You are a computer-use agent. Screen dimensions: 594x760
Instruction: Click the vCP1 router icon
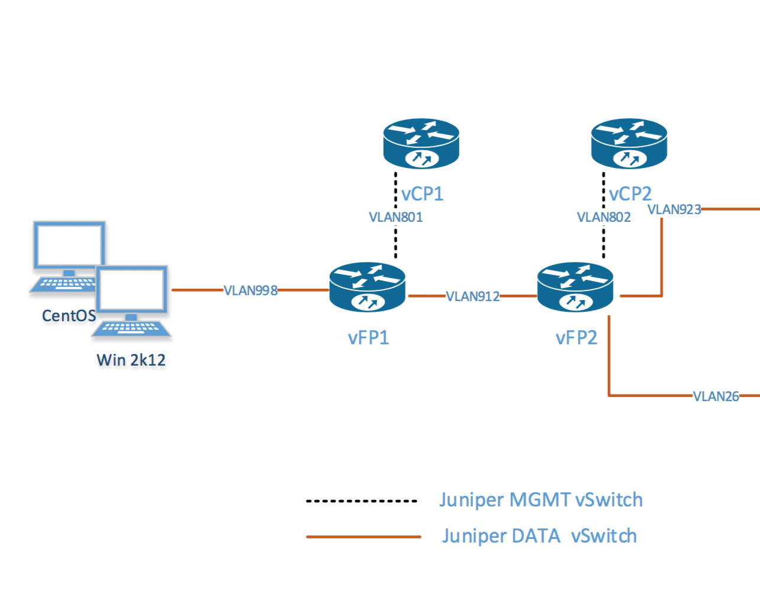point(421,143)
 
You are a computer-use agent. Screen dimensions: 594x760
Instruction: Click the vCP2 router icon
point(629,143)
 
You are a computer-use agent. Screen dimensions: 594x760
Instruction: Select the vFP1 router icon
point(367,288)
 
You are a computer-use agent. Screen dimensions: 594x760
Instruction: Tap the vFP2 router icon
point(575,288)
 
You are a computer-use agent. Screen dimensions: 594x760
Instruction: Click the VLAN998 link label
point(250,290)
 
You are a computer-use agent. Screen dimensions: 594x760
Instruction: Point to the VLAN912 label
point(472,296)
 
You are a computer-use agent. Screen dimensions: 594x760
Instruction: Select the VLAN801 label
point(395,217)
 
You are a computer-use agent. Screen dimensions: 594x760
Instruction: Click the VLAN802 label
point(604,217)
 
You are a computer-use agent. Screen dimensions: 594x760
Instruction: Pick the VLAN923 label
point(674,209)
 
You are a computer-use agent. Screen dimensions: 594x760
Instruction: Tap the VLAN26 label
point(716,396)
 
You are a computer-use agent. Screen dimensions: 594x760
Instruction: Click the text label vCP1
point(422,194)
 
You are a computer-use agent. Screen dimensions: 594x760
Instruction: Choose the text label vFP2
point(576,338)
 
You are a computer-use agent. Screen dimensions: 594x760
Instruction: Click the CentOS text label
point(69,316)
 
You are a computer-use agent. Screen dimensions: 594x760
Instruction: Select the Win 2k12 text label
point(131,360)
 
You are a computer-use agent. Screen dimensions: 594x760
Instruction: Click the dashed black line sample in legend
point(362,501)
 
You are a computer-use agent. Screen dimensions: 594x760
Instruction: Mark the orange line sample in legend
point(363,537)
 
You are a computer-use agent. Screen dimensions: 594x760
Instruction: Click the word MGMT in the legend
point(539,500)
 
